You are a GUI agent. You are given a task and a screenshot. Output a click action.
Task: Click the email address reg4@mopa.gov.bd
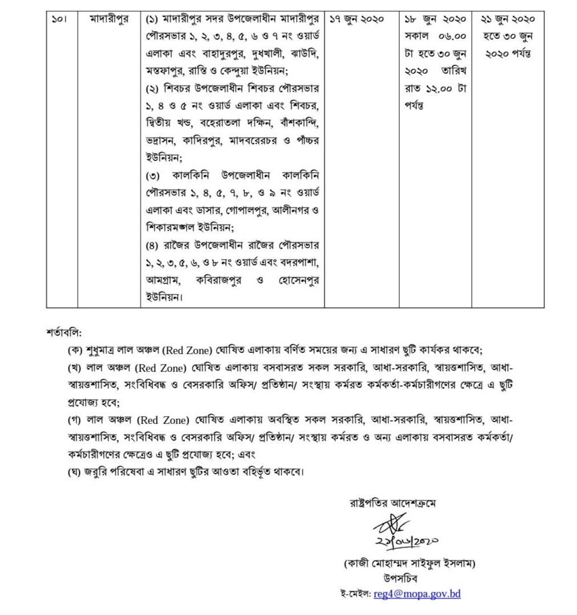coord(417,594)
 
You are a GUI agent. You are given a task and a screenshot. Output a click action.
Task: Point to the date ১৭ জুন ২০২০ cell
coord(357,19)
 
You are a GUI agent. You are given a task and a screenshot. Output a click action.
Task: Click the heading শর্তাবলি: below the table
coord(64,332)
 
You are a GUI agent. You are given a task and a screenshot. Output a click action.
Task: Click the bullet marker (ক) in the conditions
coord(74,350)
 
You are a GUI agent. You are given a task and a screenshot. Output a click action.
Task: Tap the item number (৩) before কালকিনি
coord(155,174)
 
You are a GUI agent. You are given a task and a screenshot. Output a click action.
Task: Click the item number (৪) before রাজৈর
coord(155,245)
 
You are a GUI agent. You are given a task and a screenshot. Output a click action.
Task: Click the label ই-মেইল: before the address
coord(355,594)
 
